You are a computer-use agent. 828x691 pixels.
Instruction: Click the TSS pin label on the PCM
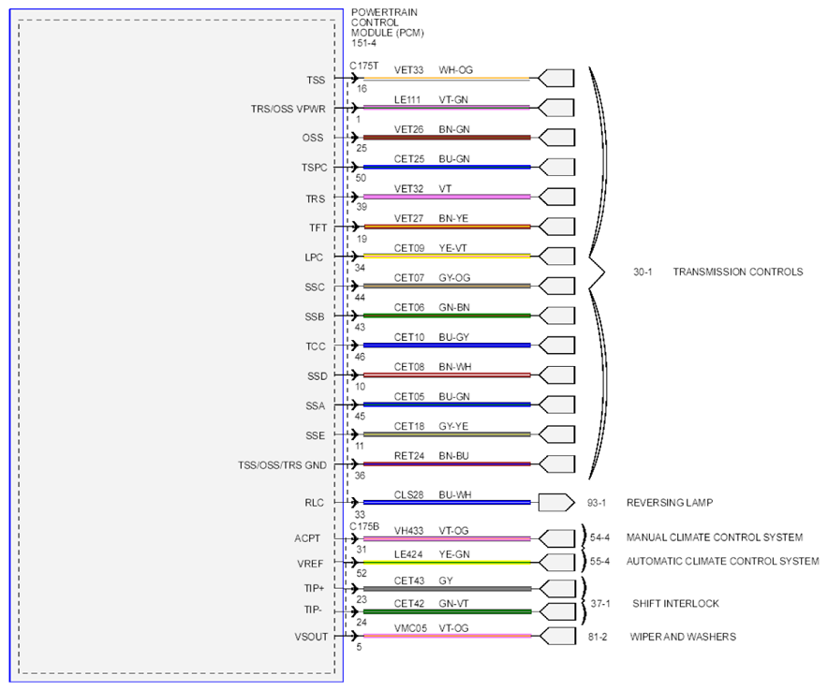pos(316,81)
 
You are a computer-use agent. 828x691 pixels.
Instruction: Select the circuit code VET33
pos(408,70)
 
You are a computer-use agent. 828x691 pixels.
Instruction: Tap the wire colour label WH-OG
pos(456,70)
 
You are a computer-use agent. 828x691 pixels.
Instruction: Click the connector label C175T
pos(363,66)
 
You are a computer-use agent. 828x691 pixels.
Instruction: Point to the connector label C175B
pos(364,526)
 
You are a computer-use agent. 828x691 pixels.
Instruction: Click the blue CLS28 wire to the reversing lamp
pos(447,503)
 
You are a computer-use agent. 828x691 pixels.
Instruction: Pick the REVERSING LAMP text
pos(670,503)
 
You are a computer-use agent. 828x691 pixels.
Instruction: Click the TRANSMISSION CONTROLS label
pos(738,272)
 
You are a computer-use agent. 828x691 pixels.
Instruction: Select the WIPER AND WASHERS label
pos(683,637)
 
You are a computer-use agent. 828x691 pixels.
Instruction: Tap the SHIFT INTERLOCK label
pos(675,603)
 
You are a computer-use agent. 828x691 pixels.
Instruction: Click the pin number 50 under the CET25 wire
pos(361,178)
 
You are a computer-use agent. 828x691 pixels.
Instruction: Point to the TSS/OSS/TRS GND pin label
pos(282,465)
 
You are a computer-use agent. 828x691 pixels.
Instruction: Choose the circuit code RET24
pos(409,456)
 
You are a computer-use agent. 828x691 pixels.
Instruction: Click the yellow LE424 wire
pos(447,563)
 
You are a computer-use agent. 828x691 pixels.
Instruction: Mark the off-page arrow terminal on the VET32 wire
pos(556,197)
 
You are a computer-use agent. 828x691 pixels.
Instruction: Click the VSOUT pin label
pos(311,637)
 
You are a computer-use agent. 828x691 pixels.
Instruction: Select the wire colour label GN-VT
pos(453,603)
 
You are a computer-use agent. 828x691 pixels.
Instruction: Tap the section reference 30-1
pos(643,272)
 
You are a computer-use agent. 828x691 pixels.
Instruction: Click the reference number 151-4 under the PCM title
pos(363,43)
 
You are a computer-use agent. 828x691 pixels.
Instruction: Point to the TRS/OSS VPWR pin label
pos(288,110)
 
